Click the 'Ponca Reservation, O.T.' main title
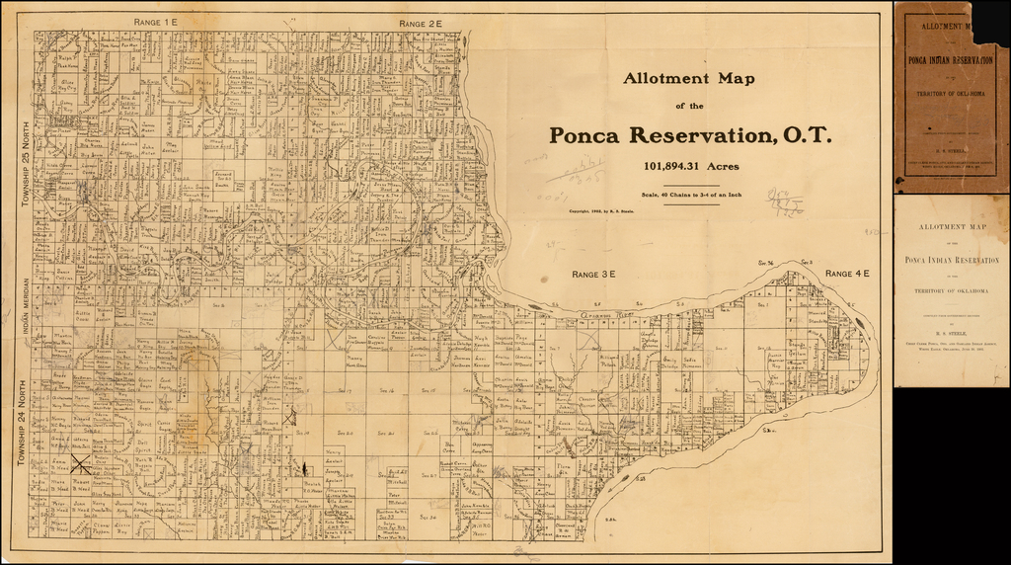click(x=690, y=135)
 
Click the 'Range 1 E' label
click(x=156, y=21)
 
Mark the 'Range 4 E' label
click(x=846, y=274)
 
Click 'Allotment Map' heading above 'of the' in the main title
click(x=689, y=78)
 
